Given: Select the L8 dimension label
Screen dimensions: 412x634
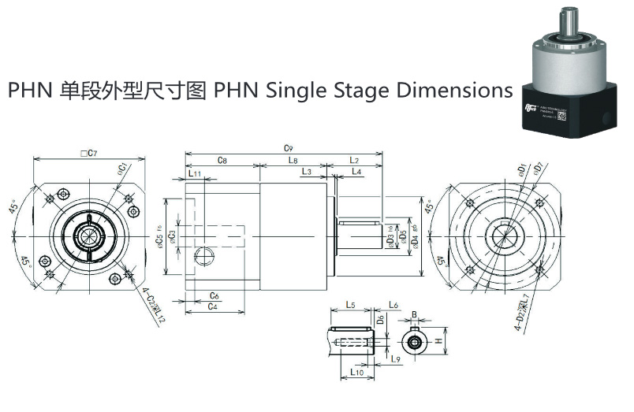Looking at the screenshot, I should coord(293,160).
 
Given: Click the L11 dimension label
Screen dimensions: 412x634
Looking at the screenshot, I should coord(195,173).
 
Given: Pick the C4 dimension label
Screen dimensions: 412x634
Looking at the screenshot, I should coord(213,306).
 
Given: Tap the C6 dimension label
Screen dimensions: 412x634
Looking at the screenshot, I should coord(214,295).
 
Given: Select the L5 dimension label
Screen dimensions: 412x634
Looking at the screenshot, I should coord(352,305).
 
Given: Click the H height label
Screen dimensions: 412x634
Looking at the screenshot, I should coord(439,340).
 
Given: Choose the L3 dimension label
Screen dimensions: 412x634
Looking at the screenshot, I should coord(306,172).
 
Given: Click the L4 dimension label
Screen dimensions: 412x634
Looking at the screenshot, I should coord(356,172).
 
